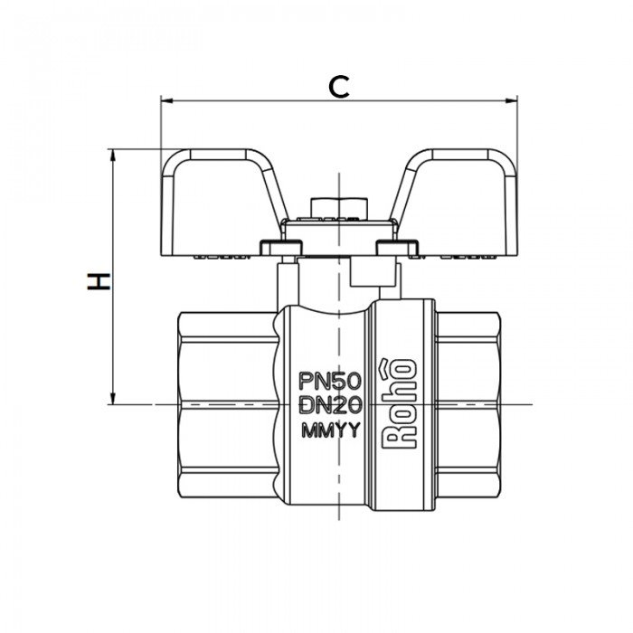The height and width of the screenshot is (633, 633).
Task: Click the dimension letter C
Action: click(337, 86)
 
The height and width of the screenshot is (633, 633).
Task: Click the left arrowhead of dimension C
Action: click(165, 100)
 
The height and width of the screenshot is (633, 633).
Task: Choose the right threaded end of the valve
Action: click(467, 402)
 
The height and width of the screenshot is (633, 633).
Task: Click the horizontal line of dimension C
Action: click(271, 100)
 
